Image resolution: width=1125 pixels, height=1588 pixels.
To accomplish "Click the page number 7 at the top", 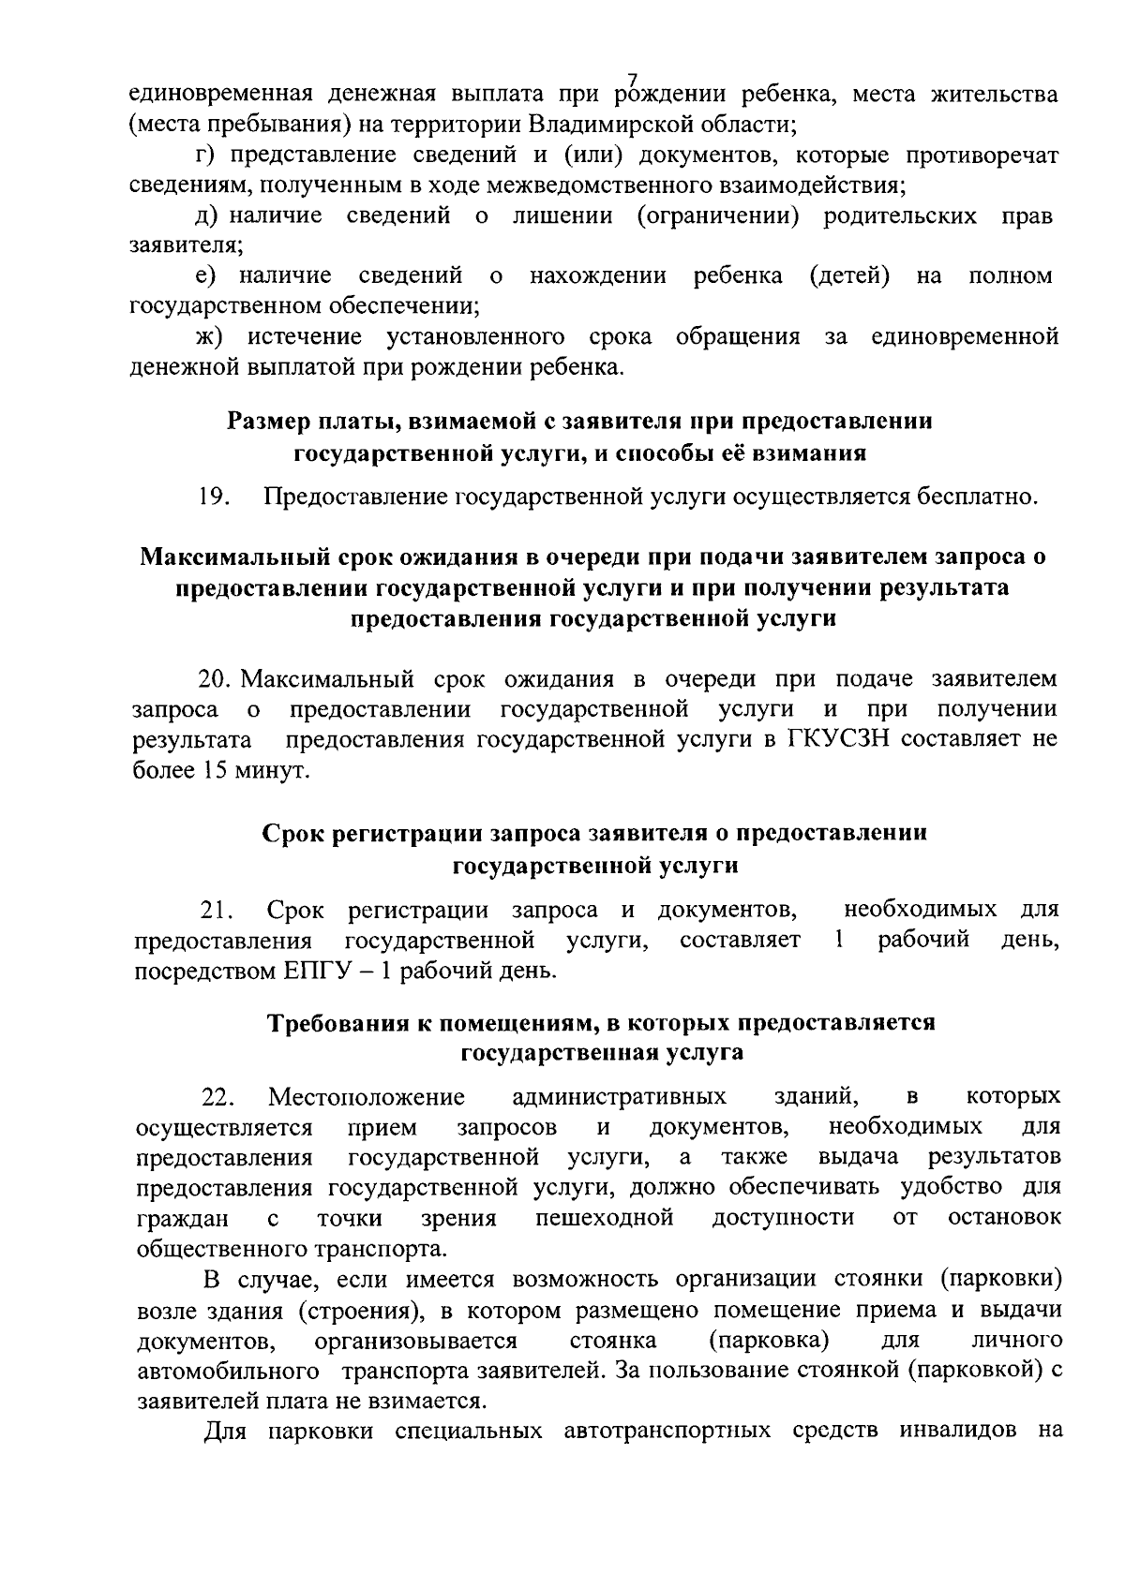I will pyautogui.click(x=631, y=80).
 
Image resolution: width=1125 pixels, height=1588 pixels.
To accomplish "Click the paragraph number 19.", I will pyautogui.click(x=215, y=496).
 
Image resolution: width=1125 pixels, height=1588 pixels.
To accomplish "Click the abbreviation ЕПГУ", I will pyautogui.click(x=316, y=971).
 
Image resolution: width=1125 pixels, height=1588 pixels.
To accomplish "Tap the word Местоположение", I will pyautogui.click(x=367, y=1096).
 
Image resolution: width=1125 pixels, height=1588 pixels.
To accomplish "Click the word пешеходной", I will pyautogui.click(x=604, y=1218).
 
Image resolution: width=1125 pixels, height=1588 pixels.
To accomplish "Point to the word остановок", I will pyautogui.click(x=1005, y=1218).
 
